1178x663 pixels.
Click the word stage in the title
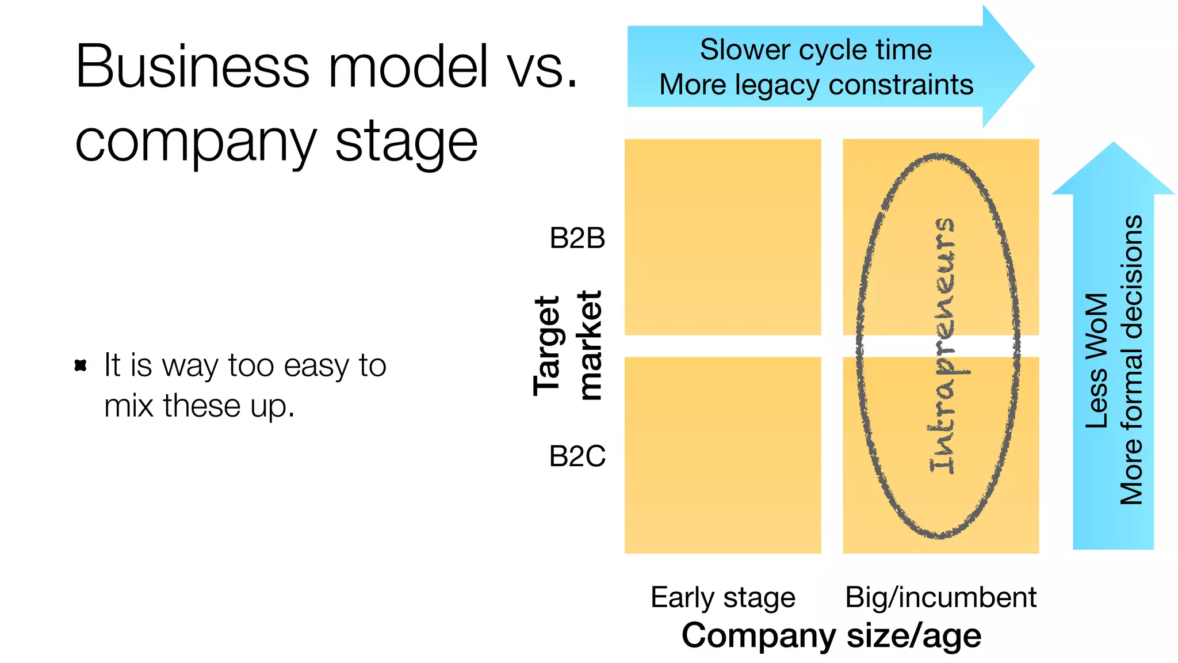pos(406,142)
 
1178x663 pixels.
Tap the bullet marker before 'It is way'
pos(81,365)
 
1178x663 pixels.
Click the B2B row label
pos(577,238)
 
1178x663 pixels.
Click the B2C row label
pos(577,456)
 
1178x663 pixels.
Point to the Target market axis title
pos(567,345)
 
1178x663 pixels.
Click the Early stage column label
pos(722,597)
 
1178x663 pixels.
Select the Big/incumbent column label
pos(940,597)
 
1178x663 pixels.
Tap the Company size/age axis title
pos(831,636)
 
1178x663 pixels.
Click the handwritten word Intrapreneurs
pos(942,345)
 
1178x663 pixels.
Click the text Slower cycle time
pos(816,49)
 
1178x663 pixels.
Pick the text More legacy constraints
pos(816,85)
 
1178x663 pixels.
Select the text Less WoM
pos(1096,361)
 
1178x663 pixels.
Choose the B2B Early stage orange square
pos(722,237)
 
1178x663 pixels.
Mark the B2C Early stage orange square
pos(722,455)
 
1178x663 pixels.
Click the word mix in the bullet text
pos(129,406)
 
